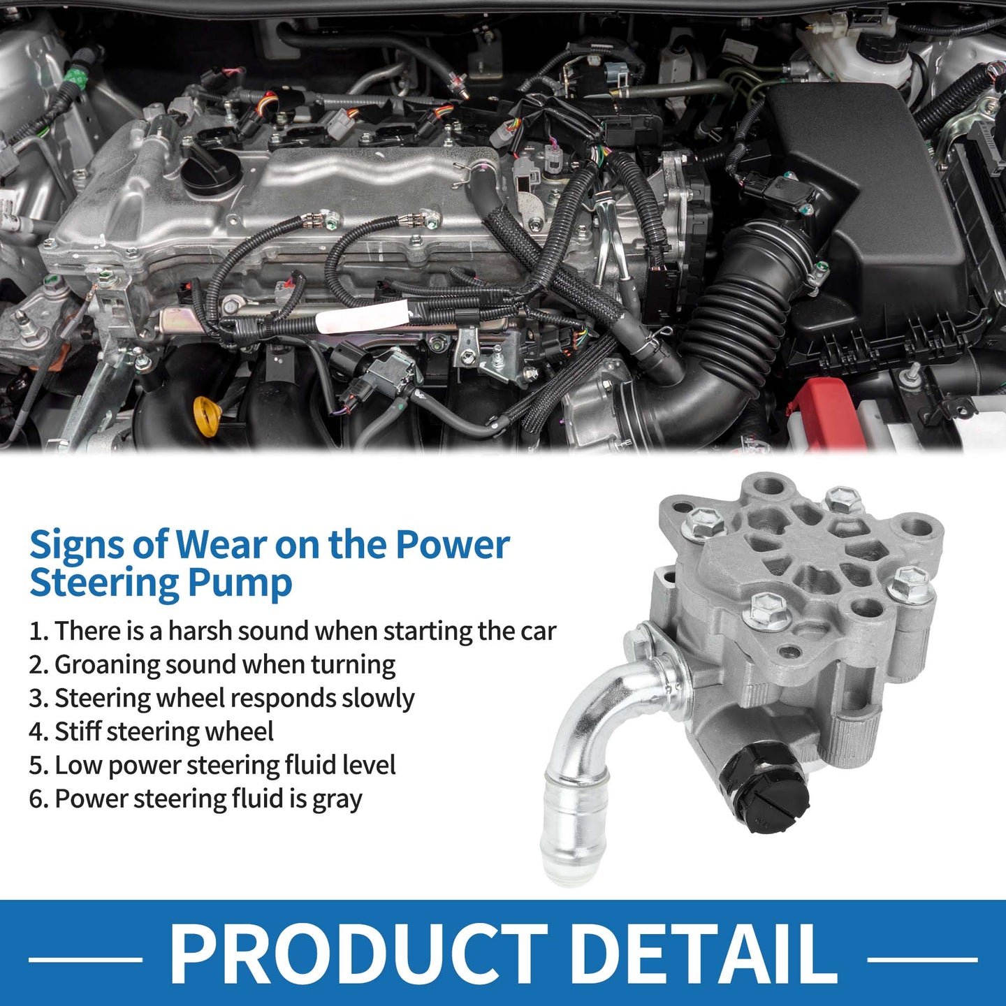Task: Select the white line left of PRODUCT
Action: pyautogui.click(x=85, y=959)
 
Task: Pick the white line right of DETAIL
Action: pyautogui.click(x=922, y=959)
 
